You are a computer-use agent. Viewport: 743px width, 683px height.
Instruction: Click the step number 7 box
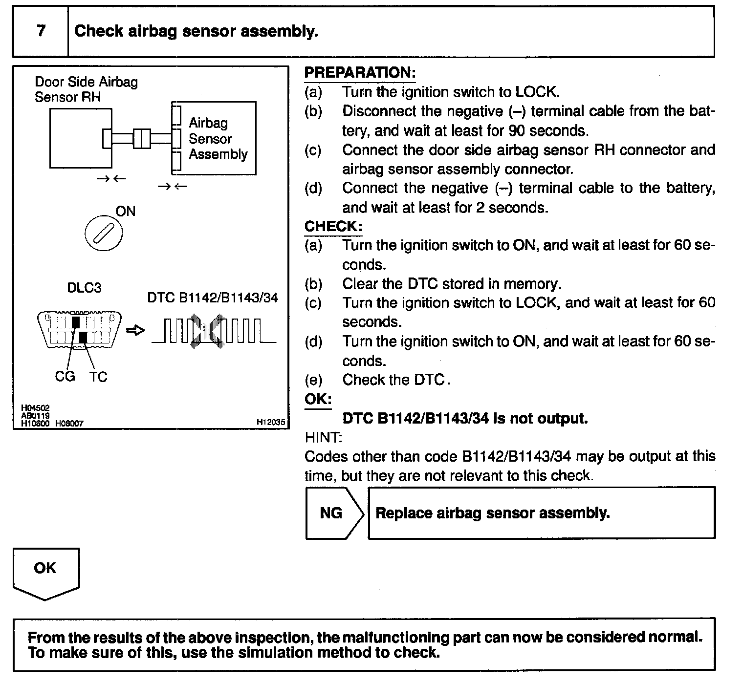tap(41, 31)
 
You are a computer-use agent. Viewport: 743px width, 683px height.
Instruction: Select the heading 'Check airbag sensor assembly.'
tap(196, 31)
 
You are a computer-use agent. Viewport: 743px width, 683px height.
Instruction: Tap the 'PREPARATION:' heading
tap(360, 73)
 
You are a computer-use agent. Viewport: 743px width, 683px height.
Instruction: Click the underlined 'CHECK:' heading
tap(333, 227)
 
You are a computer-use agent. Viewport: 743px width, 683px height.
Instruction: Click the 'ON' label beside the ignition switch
tap(125, 211)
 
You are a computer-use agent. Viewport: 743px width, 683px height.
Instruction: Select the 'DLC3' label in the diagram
tap(84, 288)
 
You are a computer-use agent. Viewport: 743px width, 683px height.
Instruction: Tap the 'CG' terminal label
tap(65, 376)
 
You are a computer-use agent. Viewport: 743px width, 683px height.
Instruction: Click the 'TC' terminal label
tap(98, 376)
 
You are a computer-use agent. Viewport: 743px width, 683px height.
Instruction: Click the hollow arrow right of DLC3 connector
tap(135, 331)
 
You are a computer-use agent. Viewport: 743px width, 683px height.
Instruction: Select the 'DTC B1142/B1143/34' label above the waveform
tap(213, 298)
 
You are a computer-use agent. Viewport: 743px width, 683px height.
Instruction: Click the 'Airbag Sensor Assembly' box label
tap(218, 139)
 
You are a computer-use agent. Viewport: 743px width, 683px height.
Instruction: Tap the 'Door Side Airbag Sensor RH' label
tap(86, 89)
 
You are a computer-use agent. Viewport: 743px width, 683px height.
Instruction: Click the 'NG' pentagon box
tap(332, 513)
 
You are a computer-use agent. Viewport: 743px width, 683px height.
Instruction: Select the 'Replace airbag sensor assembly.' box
tap(541, 513)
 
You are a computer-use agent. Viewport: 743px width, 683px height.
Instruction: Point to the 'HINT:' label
tap(323, 437)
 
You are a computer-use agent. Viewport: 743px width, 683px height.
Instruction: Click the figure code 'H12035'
tap(270, 423)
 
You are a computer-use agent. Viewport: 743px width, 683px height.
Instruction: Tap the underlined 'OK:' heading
tap(318, 399)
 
